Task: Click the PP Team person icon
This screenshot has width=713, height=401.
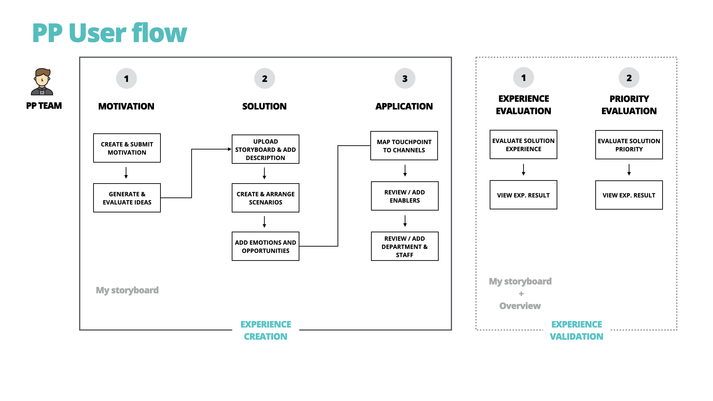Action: [x=42, y=82]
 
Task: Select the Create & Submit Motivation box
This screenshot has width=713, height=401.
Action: [x=127, y=148]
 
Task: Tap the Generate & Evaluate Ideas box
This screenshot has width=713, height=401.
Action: [x=127, y=198]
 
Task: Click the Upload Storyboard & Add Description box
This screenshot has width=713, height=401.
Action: [x=265, y=149]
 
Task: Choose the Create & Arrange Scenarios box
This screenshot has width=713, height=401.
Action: [x=265, y=198]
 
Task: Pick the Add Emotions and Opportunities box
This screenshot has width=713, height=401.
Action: [x=265, y=246]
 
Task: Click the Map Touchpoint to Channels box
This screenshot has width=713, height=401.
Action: [x=404, y=146]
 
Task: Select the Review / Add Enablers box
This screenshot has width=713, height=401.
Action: [x=404, y=196]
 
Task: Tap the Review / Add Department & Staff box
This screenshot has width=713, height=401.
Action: [x=404, y=246]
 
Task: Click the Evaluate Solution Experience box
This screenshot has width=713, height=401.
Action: [x=523, y=145]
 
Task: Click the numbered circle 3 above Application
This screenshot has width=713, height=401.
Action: [x=405, y=79]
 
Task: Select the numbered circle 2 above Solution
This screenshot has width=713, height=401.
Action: [x=264, y=79]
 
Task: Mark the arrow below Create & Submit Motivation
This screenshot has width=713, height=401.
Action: [x=126, y=173]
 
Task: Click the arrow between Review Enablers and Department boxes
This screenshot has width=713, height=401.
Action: [x=405, y=221]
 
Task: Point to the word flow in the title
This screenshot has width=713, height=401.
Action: [x=159, y=33]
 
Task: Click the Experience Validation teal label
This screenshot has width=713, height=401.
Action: [x=576, y=330]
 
